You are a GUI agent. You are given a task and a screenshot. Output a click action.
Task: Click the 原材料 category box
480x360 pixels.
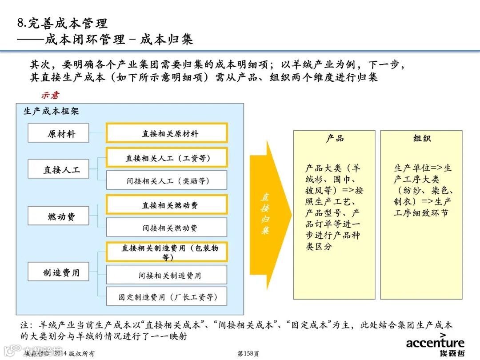(58, 133)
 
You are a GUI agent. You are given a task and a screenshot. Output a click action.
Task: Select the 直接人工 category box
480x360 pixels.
(58, 169)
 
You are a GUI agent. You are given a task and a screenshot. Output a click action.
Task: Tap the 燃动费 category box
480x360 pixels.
(58, 216)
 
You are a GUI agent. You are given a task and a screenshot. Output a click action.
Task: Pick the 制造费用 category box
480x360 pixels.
(58, 272)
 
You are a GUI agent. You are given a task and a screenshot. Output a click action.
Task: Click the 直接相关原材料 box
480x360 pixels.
(167, 133)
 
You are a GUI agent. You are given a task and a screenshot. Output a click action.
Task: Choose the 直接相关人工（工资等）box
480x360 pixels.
(167, 158)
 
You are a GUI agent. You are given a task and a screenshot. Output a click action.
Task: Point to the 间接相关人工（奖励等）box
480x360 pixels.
(167, 180)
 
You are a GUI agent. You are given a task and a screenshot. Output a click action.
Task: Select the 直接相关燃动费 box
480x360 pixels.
(167, 205)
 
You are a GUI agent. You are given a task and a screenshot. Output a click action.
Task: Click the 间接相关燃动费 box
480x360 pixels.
(167, 228)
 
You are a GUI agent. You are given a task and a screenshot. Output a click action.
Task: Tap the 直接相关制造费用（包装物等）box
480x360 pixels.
(167, 252)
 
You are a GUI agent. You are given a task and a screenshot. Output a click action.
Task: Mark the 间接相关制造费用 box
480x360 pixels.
(167, 275)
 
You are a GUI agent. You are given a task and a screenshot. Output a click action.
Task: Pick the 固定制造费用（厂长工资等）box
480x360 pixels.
(167, 296)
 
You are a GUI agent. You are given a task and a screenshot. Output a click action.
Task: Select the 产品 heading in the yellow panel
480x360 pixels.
(334, 139)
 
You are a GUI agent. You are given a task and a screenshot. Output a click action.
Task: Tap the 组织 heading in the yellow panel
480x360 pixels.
(421, 139)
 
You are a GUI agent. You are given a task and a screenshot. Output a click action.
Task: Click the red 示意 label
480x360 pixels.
(50, 95)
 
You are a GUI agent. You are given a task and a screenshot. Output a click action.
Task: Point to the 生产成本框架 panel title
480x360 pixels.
(51, 111)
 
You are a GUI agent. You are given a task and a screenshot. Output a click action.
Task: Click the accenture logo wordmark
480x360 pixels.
(435, 342)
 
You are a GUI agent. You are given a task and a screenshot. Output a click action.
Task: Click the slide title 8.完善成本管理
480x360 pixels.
(62, 23)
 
